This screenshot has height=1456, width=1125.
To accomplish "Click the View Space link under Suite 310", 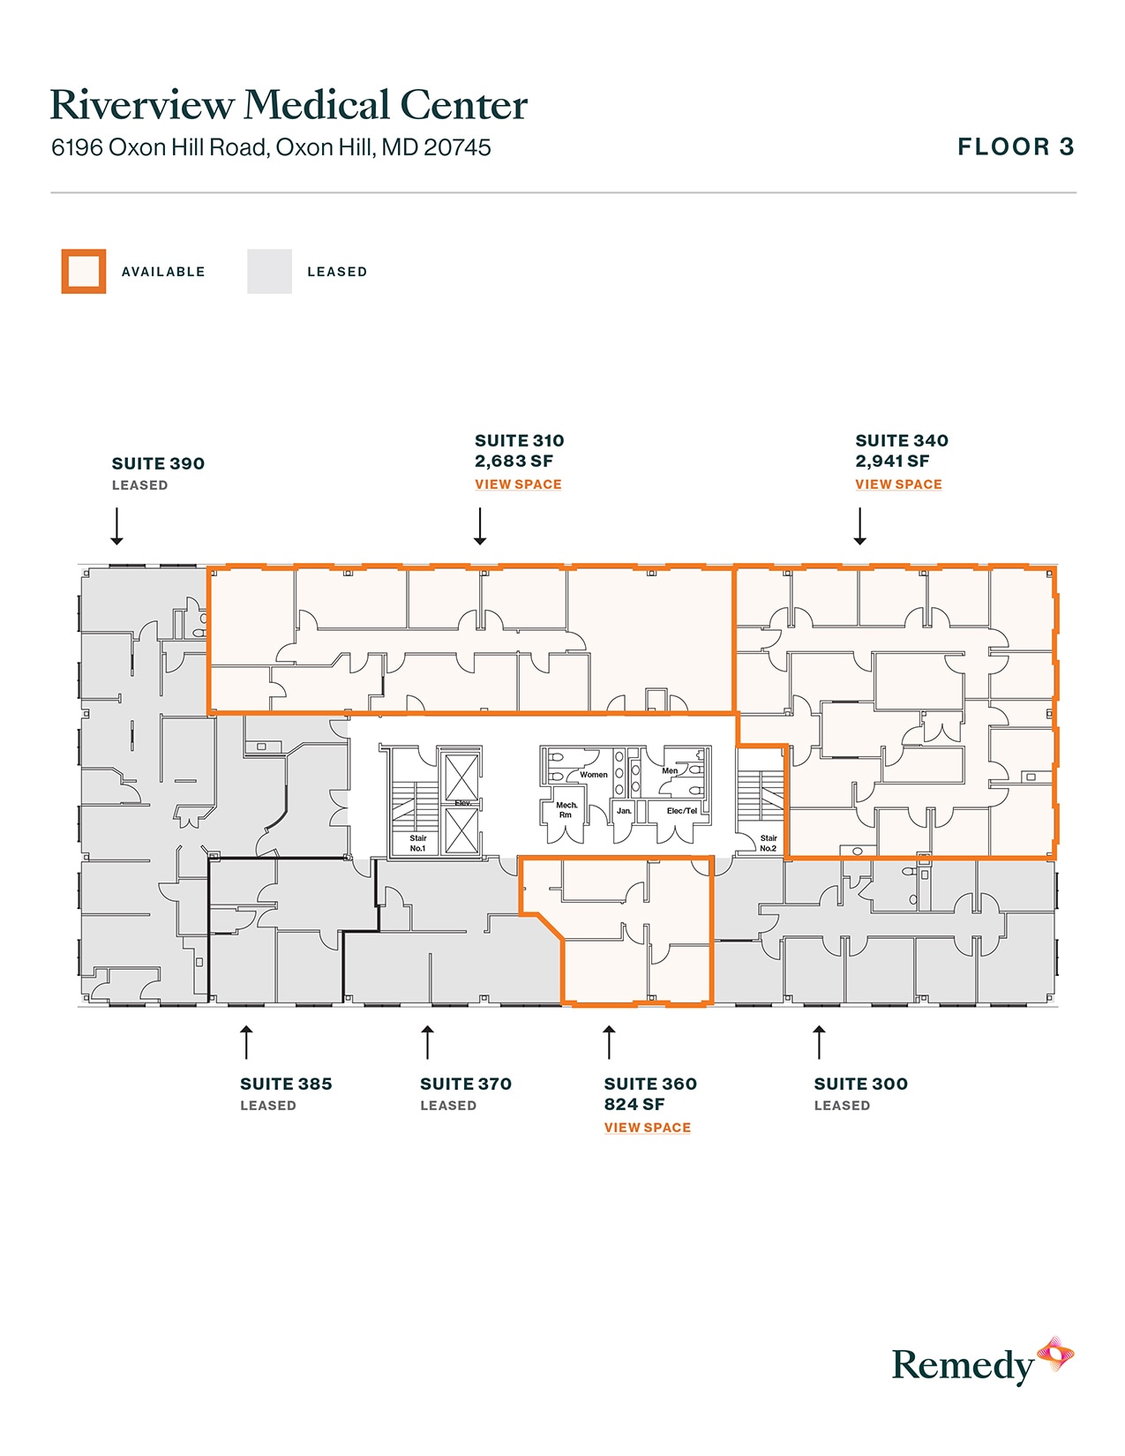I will (518, 484).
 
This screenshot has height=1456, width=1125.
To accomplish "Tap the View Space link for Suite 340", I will (898, 484).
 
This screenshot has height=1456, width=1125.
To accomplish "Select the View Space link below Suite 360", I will (647, 1128).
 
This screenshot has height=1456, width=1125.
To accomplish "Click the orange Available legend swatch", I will (84, 272).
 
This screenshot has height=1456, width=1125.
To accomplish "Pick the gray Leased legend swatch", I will (269, 272).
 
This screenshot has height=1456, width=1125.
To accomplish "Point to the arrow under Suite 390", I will (116, 526).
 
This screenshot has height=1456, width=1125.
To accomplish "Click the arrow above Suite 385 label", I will (247, 1041).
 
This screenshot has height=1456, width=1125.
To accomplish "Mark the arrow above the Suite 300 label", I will (819, 1041).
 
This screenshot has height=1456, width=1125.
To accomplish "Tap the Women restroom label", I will (593, 775).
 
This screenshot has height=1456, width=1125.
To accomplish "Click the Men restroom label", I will (670, 770).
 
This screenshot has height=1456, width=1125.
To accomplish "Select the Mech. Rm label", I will (566, 810).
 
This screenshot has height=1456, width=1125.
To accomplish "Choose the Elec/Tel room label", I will (682, 811).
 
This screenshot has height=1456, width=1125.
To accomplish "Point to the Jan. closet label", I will (624, 811).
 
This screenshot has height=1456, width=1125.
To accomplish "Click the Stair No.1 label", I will (418, 844).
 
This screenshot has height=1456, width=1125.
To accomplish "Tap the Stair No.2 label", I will (769, 844).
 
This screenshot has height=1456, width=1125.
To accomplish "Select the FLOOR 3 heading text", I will (1016, 146).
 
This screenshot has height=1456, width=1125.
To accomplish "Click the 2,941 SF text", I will (892, 461).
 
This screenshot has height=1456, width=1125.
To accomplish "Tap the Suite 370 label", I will (466, 1084).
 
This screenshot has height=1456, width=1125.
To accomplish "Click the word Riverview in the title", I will (141, 105).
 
